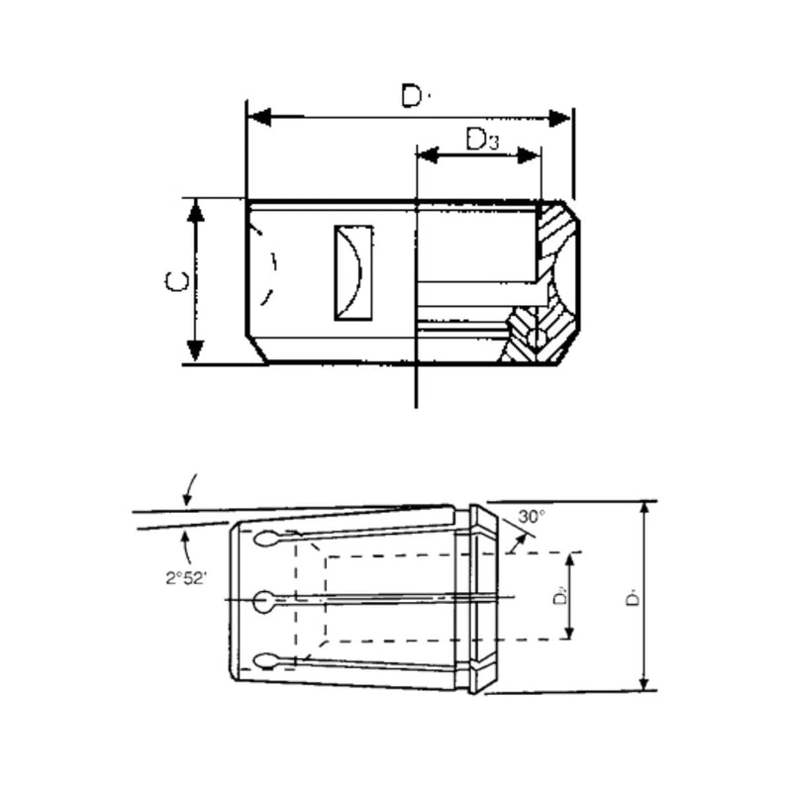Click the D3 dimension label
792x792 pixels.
(x=482, y=140)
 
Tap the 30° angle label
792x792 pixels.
(x=532, y=517)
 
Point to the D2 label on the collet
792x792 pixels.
(x=558, y=596)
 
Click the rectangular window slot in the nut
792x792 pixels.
(x=353, y=273)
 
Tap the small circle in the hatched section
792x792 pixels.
(x=537, y=340)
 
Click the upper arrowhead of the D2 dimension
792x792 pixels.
(x=570, y=562)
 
